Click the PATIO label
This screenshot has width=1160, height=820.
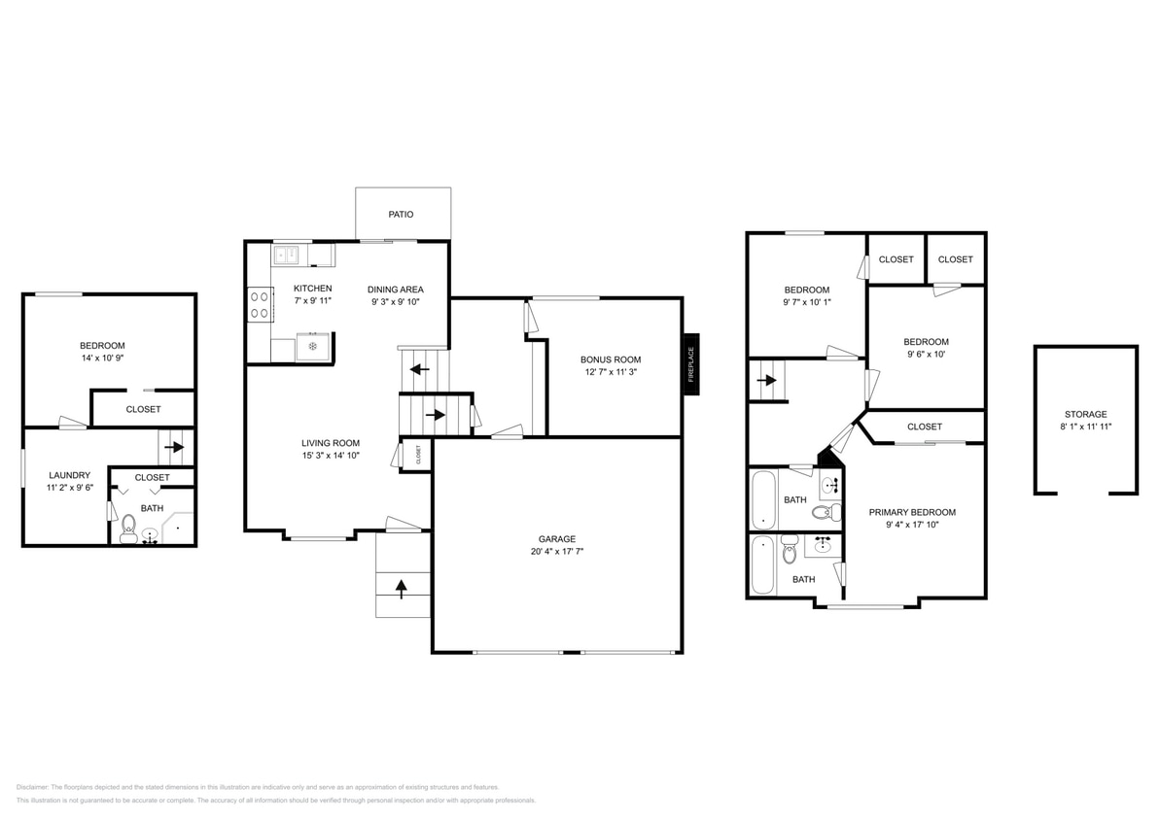click(x=401, y=214)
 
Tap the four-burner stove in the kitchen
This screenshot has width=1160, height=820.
click(x=259, y=303)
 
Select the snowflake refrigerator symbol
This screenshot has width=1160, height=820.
click(x=312, y=346)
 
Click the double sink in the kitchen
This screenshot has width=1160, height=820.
click(x=287, y=256)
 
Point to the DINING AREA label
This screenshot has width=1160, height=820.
click(x=395, y=289)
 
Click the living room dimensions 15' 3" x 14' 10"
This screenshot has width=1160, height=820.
click(x=331, y=455)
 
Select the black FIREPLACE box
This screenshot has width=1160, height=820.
click(x=691, y=363)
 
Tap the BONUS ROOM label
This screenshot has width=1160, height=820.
click(x=611, y=359)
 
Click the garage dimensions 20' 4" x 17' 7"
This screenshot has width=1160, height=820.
click(x=557, y=551)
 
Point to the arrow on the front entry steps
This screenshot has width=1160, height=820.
click(x=403, y=585)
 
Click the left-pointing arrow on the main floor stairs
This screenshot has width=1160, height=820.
click(x=419, y=369)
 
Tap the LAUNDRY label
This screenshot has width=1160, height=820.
click(x=69, y=475)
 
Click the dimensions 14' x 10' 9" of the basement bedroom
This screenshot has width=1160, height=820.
click(x=102, y=358)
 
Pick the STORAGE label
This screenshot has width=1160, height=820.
click(x=1084, y=414)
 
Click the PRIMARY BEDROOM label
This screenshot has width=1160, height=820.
click(x=912, y=512)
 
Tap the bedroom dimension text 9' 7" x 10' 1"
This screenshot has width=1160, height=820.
click(x=807, y=301)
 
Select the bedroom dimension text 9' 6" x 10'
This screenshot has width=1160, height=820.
click(x=926, y=354)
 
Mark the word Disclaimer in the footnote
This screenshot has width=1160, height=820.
click(x=33, y=787)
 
